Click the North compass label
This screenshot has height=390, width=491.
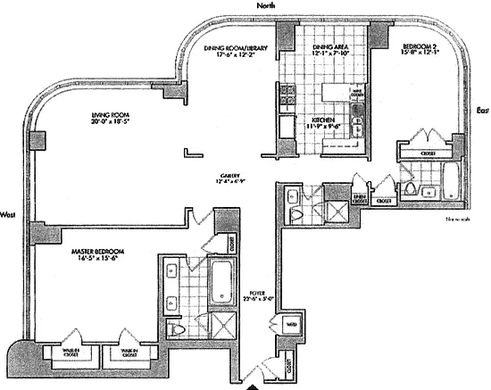pyautogui.click(x=263, y=5)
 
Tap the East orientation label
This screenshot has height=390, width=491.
pyautogui.click(x=481, y=111)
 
